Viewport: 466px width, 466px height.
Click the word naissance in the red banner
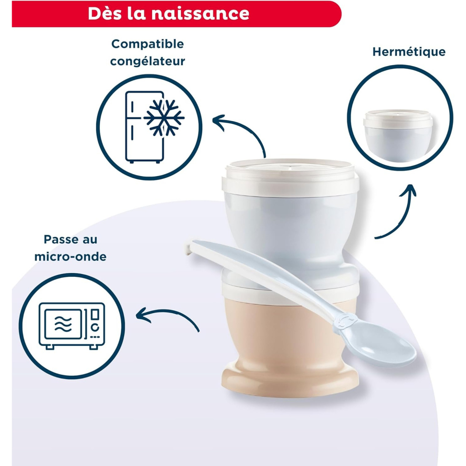pyautogui.click(x=200, y=14)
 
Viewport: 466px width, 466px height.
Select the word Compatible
pyautogui.click(x=148, y=44)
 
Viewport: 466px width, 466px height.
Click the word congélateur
pyautogui.click(x=148, y=61)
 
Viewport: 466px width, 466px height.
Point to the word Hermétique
pyautogui.click(x=409, y=52)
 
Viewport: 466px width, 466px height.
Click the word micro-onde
pyautogui.click(x=70, y=256)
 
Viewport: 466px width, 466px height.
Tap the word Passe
pyautogui.click(x=58, y=239)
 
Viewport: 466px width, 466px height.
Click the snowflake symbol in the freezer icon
pyautogui.click(x=164, y=118)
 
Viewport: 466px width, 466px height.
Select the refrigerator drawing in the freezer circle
pyautogui.click(x=145, y=127)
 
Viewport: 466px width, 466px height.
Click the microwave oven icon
pyautogui.click(x=72, y=326)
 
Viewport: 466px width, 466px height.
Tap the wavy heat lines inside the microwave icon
pyautogui.click(x=63, y=324)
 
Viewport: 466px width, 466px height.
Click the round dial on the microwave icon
pyautogui.click(x=95, y=328)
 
